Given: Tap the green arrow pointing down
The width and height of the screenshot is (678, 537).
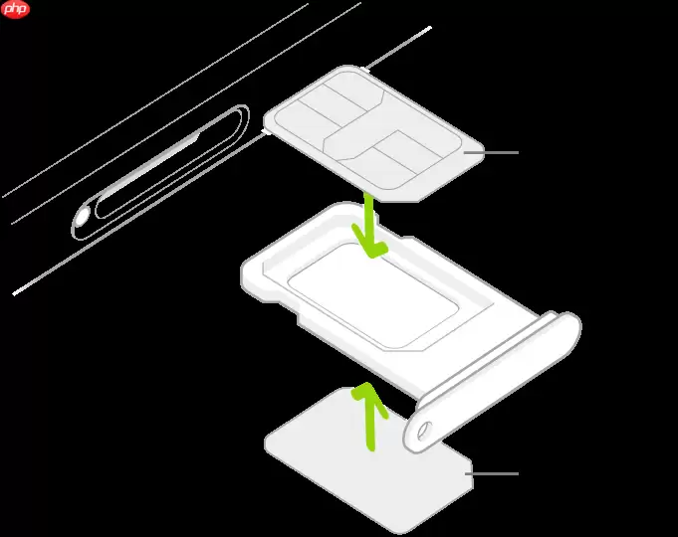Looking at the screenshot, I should [x=369, y=231].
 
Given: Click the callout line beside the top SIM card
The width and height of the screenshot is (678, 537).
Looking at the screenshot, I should [x=499, y=152].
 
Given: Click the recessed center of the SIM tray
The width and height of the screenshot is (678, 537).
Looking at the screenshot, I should [x=378, y=298].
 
